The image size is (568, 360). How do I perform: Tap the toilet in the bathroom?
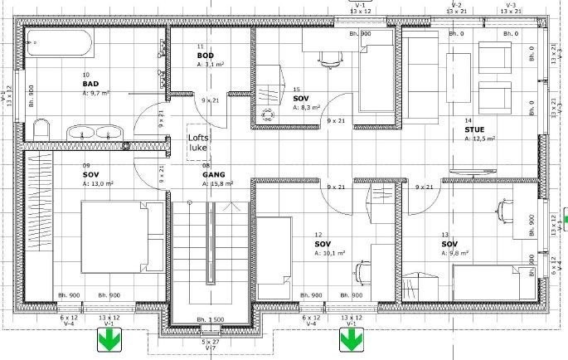[40, 129]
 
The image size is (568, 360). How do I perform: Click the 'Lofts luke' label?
[198, 143]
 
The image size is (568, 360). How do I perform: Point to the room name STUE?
[474, 129]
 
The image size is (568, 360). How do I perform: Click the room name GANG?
[211, 174]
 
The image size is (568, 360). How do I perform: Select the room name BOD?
[205, 55]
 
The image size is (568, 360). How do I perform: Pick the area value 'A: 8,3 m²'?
[306, 107]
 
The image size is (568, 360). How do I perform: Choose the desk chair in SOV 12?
[362, 272]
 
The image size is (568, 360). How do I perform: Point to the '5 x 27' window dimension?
[211, 341]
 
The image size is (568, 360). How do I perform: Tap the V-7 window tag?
[211, 348]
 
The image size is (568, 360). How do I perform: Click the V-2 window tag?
[455, 5]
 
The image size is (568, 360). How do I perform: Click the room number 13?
[445, 235]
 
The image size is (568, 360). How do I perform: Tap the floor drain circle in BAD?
[126, 146]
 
